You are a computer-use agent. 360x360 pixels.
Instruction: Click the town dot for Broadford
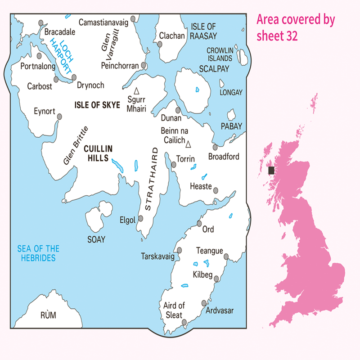[x=215, y=147]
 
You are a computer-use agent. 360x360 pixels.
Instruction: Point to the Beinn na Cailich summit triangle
[x=189, y=144]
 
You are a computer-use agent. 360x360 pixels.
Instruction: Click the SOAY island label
[x=96, y=239]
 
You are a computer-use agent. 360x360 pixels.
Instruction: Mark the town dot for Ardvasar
[x=204, y=303]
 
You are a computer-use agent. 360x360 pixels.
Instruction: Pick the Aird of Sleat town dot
[x=185, y=322]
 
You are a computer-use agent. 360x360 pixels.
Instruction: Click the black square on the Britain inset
[x=271, y=171]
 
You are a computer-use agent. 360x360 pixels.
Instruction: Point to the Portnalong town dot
[x=39, y=56]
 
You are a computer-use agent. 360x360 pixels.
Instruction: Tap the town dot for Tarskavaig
[x=179, y=250]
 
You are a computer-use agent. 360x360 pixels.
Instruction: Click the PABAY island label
[x=231, y=126]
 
